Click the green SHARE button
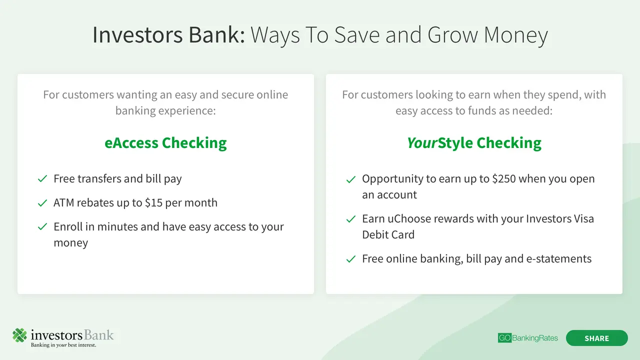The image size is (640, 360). point(597,338)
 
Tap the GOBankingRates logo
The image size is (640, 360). point(527,338)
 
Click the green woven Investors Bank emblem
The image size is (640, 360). point(19,335)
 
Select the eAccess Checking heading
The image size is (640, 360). point(165,143)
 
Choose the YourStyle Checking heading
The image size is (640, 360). point(474,143)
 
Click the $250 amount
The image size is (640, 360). point(504,178)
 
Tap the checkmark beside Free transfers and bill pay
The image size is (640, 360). point(42,179)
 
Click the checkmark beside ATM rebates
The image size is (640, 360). point(42,203)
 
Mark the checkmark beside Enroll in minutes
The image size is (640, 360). point(42,227)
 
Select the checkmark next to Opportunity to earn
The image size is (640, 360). point(351,179)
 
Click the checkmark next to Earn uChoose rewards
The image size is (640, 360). point(351,219)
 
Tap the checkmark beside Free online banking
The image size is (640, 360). point(351,259)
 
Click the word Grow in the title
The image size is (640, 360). point(452,35)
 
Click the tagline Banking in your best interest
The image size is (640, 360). point(63,345)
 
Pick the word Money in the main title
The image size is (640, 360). point(516,35)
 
